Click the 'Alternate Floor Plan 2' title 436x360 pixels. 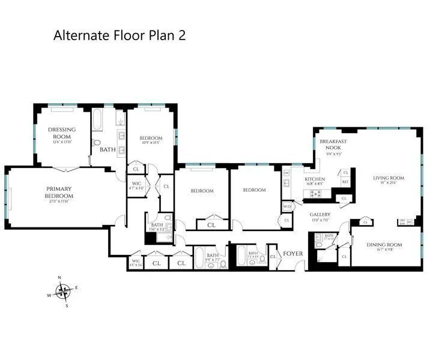tap(120, 35)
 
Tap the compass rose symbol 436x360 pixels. tap(62, 292)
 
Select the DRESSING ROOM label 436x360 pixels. tap(62, 133)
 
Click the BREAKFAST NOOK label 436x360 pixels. tap(330, 144)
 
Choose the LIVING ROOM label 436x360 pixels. tap(389, 178)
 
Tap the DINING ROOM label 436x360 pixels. tap(384, 245)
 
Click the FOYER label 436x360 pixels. tap(293, 253)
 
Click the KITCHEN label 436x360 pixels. tap(315, 179)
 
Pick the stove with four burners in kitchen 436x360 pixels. tap(315, 193)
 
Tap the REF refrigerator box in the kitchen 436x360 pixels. tap(345, 181)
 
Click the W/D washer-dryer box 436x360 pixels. tap(287, 207)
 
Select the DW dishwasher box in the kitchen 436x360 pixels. tap(286, 173)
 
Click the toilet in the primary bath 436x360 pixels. tap(97, 143)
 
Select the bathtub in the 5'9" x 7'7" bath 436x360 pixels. tap(198, 257)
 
